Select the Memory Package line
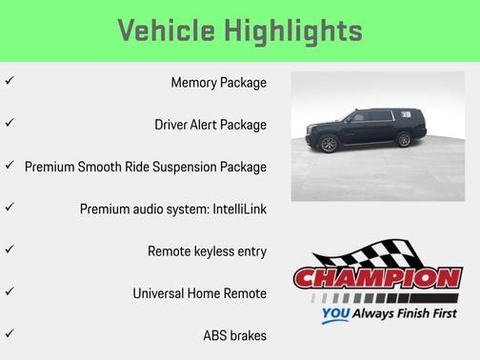coord(218,82)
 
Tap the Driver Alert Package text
coord(210,124)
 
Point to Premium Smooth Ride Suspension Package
coord(146,166)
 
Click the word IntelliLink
coord(232,208)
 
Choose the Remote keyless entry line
coord(207,250)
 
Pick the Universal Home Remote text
coord(199,292)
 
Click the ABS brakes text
coord(234,334)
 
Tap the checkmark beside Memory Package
coord(10,81)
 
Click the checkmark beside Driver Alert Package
coord(10,123)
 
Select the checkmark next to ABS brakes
coord(10,333)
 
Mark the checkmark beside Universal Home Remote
coord(10,291)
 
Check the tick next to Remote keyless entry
coord(10,250)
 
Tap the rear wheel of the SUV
coord(404,140)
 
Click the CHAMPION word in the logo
coord(378,279)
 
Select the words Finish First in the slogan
coord(421,312)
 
